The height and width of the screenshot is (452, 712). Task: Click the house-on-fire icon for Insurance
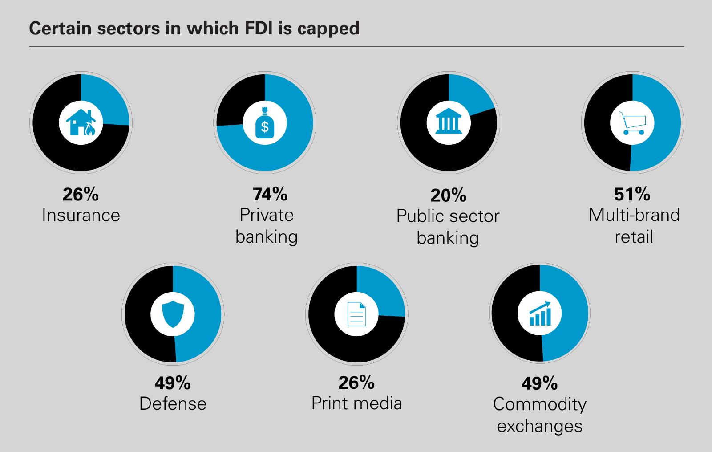coord(81,122)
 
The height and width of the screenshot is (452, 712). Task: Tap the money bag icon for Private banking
coord(265,123)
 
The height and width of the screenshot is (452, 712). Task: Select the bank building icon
coord(449,122)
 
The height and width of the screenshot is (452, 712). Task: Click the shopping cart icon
coord(632,122)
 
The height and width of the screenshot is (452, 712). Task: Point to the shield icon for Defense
coord(173,314)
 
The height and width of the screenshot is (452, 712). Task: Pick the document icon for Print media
coord(356,314)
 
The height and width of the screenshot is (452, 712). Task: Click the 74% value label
coord(270,195)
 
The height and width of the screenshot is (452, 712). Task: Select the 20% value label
coord(448,195)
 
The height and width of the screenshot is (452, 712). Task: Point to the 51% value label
coord(632,195)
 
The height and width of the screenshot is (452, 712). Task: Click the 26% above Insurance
coord(81,195)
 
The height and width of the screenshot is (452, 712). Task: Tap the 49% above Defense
coord(173,383)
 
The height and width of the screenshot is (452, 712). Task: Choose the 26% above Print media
coord(356,383)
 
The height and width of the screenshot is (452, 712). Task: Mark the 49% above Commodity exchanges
coord(540,383)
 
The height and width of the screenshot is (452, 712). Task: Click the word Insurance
coord(81,216)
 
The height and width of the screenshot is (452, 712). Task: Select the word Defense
coord(173,404)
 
